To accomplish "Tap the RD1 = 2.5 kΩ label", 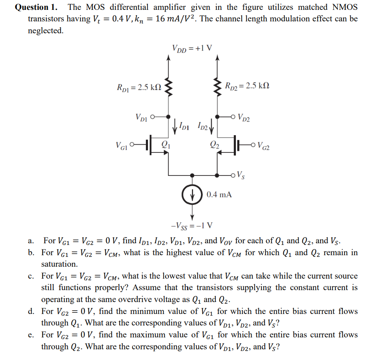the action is pos(139,87).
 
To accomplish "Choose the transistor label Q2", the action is pos(214,144).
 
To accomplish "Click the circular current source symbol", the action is pos(192,194).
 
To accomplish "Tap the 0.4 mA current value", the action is pos(219,194).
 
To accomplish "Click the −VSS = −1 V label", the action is pos(192,225).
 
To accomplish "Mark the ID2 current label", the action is pos(203,125).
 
